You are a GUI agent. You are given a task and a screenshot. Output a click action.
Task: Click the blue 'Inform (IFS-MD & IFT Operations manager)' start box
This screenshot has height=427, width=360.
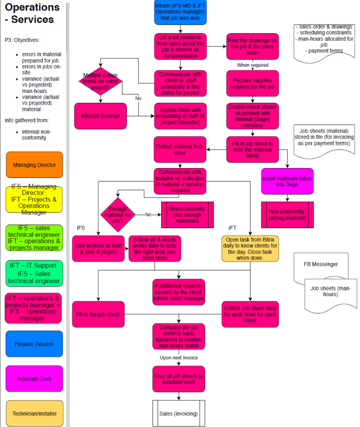click(180, 13)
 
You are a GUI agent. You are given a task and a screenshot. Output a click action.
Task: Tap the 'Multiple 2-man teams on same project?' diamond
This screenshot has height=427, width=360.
click(100, 81)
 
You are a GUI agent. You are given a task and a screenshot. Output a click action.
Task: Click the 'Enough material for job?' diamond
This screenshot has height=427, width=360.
click(117, 214)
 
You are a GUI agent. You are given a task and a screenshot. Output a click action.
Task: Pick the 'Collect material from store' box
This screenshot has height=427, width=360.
click(180, 150)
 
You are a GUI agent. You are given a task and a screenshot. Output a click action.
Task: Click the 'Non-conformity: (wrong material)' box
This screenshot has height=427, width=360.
click(287, 214)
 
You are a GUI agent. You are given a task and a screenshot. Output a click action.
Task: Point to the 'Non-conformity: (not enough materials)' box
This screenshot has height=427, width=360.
click(187, 214)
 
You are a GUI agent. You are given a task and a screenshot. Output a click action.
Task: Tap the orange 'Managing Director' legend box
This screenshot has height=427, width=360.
click(34, 165)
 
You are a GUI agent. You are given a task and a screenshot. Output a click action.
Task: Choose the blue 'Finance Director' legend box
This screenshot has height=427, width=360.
click(34, 344)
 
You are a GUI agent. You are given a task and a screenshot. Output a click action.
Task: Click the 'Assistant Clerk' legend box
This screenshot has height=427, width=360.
click(34, 379)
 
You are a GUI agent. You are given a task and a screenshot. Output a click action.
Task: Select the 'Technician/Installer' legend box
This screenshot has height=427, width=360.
click(34, 413)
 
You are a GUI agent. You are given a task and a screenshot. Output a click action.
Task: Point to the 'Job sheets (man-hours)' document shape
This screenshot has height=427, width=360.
click(330, 291)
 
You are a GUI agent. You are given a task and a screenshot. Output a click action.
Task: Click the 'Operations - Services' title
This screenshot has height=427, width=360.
click(32, 14)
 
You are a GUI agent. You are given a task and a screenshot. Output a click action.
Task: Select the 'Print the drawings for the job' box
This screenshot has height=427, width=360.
click(252, 46)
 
